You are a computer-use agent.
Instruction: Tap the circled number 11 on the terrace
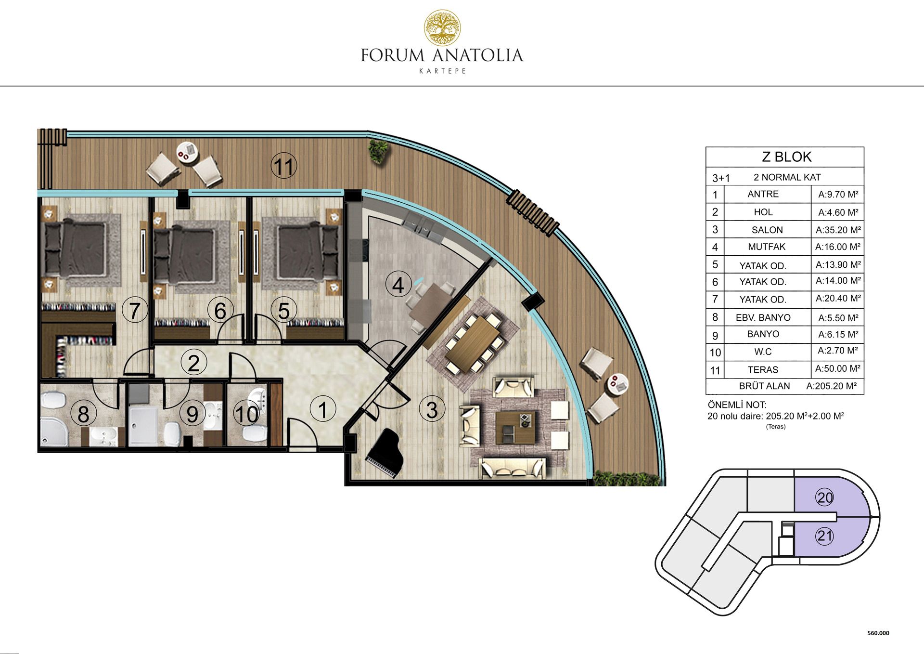tap(284, 166)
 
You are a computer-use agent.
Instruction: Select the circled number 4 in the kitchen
tap(398, 285)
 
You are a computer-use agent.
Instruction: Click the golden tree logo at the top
tap(442, 28)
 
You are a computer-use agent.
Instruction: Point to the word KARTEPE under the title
tap(442, 71)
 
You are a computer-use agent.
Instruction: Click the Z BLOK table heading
tap(786, 157)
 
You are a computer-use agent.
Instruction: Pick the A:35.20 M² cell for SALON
tap(838, 230)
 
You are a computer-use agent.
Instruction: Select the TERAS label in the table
tap(763, 370)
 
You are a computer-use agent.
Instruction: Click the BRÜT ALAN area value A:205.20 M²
tap(831, 386)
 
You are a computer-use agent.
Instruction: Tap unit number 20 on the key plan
tap(825, 497)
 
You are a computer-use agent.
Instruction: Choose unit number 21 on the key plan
tap(825, 536)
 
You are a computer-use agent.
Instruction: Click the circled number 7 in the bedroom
tap(135, 310)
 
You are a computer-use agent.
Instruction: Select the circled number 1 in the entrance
tap(323, 410)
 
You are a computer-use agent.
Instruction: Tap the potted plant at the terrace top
tap(378, 150)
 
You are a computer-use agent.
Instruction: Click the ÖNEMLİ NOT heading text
tap(737, 405)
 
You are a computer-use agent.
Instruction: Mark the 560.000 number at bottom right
tap(878, 633)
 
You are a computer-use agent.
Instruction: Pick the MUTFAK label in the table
tap(766, 247)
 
